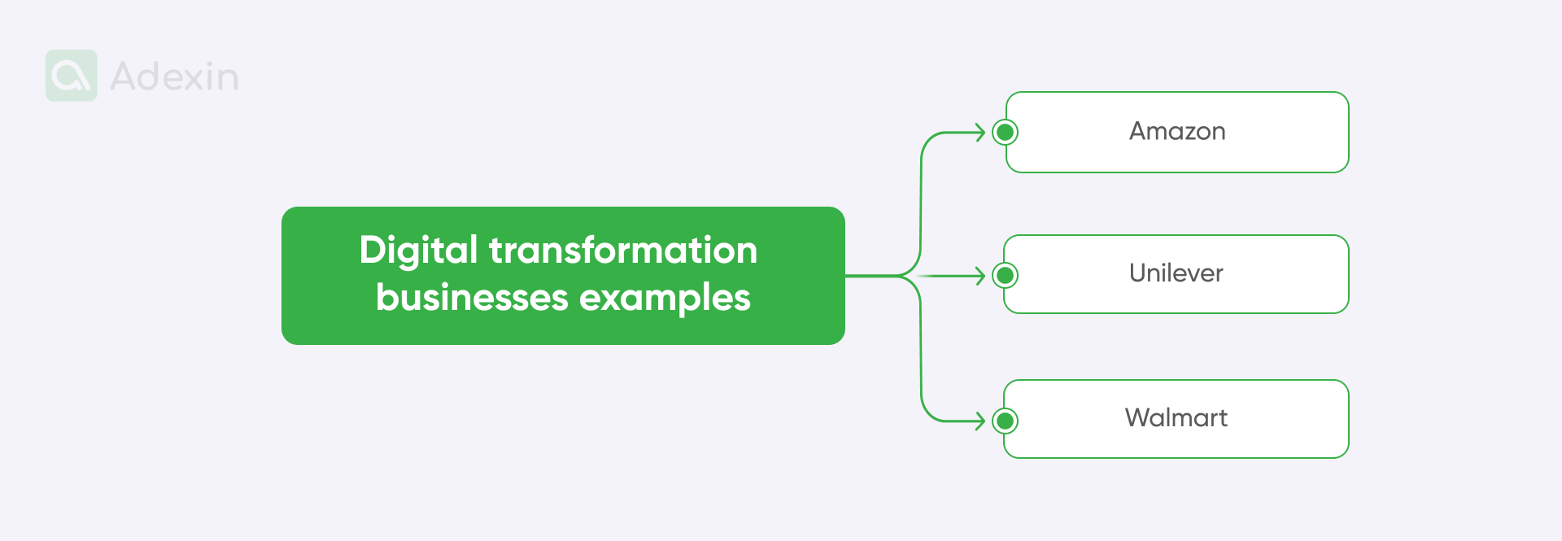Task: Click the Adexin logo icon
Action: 72,76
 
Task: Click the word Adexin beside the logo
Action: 174,77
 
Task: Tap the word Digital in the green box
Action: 418,251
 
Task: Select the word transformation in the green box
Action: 623,250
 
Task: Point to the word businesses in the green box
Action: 472,298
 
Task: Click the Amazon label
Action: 1177,132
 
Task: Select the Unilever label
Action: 1176,273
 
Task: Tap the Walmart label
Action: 1176,418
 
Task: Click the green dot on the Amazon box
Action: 1006,132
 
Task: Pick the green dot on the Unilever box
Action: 1006,276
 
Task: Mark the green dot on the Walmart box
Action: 1006,421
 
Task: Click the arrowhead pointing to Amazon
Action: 981,132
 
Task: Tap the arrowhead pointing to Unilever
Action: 981,276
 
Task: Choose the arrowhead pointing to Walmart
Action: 981,421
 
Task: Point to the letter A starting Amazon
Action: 1138,132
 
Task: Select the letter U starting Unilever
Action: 1138,273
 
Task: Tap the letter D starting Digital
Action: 373,250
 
